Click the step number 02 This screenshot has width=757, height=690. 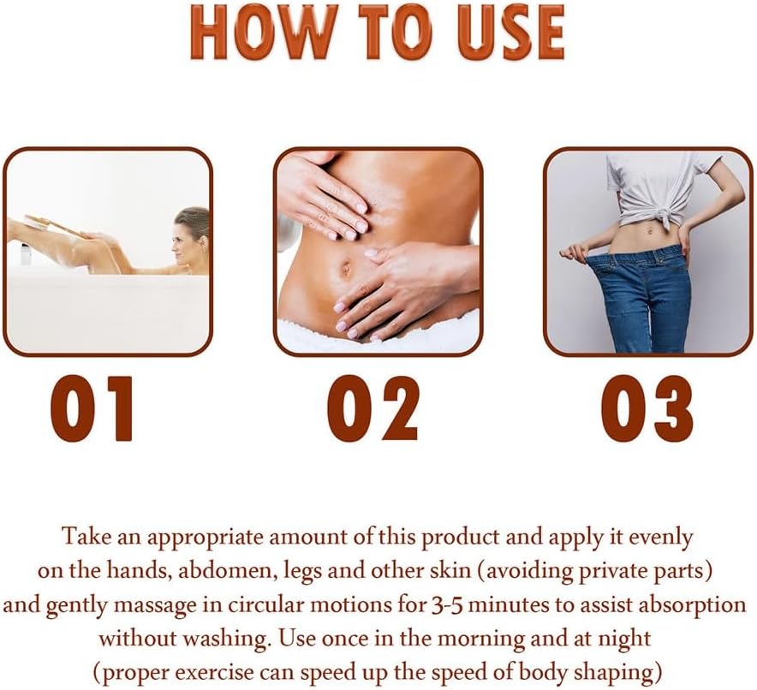click(374, 408)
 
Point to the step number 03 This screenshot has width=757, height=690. click(647, 408)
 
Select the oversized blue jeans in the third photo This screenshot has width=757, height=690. click(647, 295)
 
